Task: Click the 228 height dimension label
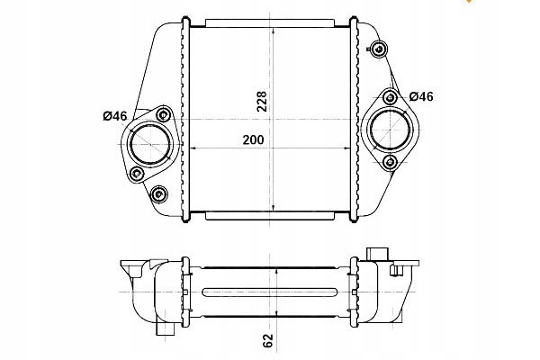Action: [262, 102]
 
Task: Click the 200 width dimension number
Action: [253, 139]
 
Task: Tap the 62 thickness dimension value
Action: [267, 341]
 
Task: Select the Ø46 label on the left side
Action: [115, 116]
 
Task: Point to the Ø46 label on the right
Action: [421, 96]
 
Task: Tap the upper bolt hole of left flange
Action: [164, 114]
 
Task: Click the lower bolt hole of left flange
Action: [137, 174]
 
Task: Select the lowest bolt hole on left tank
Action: [158, 194]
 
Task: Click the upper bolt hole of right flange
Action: [390, 98]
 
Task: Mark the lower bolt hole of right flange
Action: [390, 161]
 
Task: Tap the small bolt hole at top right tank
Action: [379, 49]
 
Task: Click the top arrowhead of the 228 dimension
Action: [273, 30]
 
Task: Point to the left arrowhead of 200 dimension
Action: [193, 148]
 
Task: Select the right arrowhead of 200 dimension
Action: [347, 148]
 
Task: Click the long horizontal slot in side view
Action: [269, 292]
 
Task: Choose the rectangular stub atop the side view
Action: [377, 254]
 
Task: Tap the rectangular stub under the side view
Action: [166, 328]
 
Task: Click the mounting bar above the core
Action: [270, 23]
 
